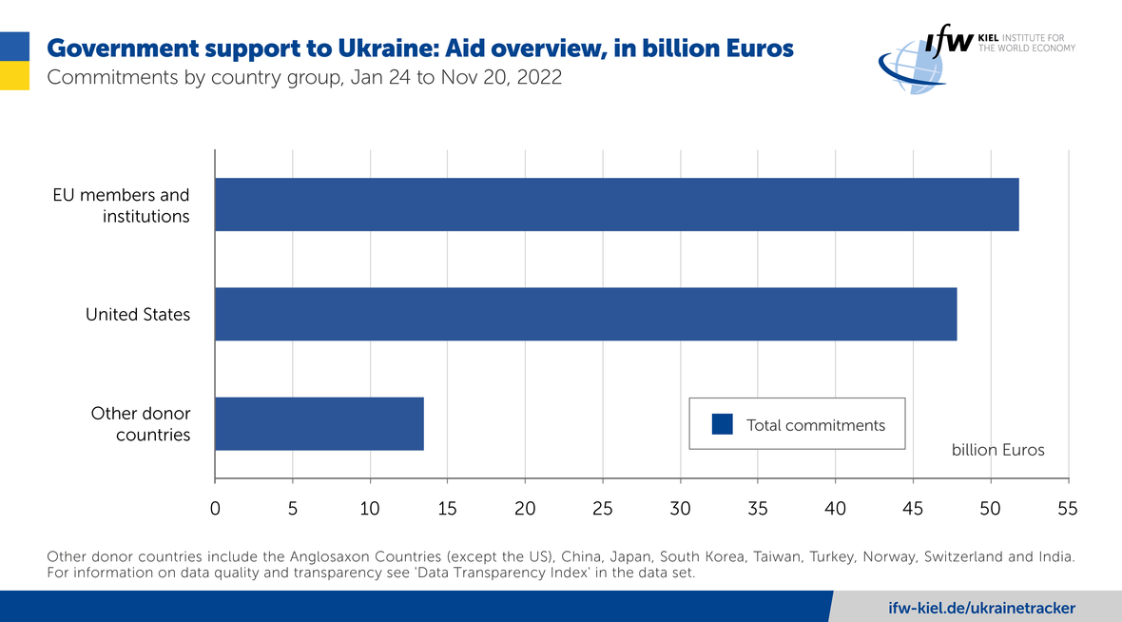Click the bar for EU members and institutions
coord(616,204)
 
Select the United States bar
coord(586,314)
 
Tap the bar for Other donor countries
coord(319,423)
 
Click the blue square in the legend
coord(723,424)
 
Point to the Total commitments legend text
coord(816,425)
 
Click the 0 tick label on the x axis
coord(215,509)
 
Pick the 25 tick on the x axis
coord(603,509)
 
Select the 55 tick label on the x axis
coord(1068,509)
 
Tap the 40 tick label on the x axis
coord(835,509)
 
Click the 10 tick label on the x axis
coord(370,509)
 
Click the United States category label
coord(138,314)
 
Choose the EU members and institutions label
coord(122,205)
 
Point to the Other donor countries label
coord(141,424)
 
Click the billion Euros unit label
coord(997,450)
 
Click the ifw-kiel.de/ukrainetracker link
coord(982,608)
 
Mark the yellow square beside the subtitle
coord(14,76)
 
